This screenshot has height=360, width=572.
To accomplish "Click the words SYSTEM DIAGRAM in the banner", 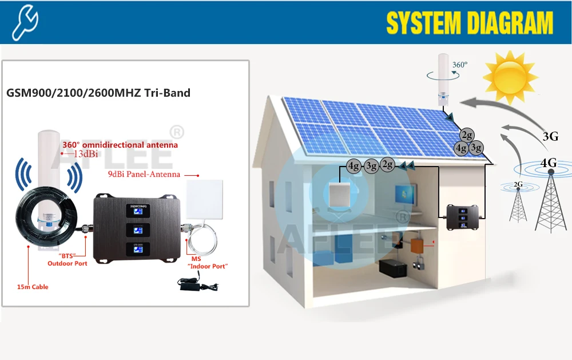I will (470, 23).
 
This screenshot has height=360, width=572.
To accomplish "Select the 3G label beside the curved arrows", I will (550, 136).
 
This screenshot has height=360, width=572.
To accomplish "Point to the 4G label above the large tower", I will (549, 163).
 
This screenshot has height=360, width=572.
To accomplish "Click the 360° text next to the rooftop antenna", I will (460, 65).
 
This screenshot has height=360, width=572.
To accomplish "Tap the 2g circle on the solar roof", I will (468, 135).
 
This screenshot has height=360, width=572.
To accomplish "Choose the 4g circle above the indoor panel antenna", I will (354, 167).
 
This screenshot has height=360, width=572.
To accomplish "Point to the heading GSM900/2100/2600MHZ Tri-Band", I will (98, 93).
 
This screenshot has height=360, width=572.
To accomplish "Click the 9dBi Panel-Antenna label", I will (152, 174).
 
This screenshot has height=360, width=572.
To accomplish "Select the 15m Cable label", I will (33, 287).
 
